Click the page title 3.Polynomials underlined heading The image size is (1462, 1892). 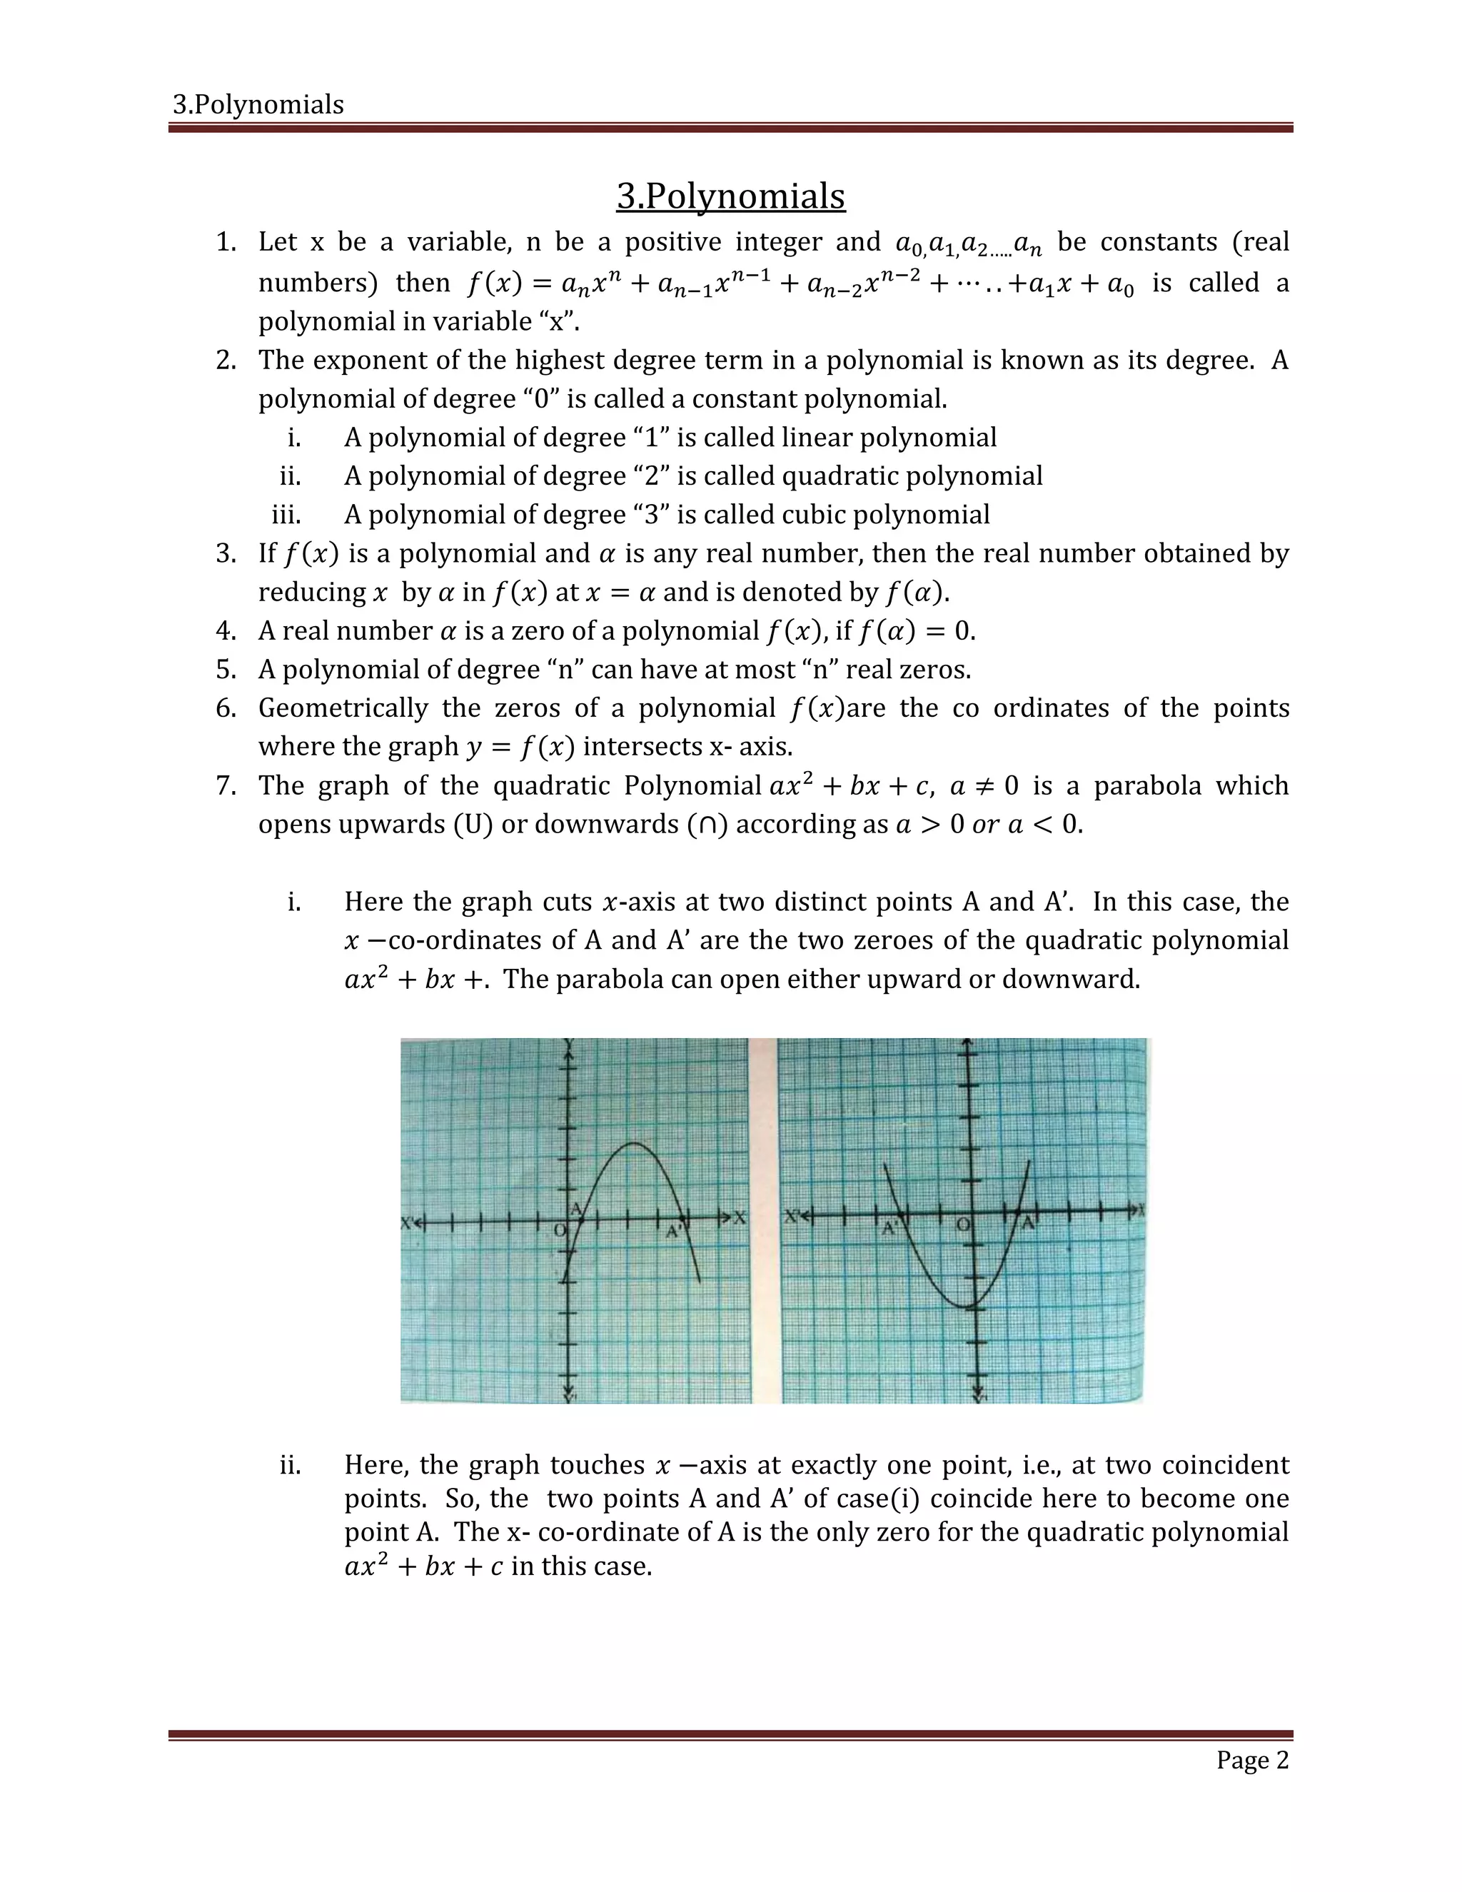(730, 196)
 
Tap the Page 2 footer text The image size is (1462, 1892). (1251, 1761)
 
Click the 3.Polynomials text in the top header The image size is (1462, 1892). (258, 105)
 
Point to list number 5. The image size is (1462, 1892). (226, 670)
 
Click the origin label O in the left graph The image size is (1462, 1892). (560, 1230)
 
